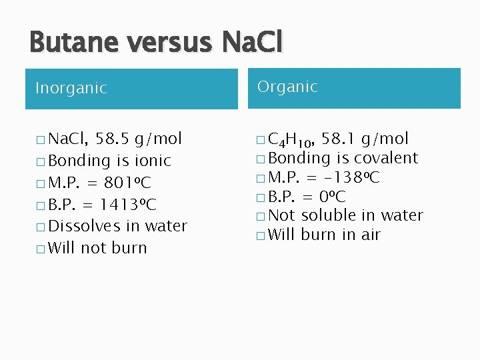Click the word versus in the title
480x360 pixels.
[167, 43]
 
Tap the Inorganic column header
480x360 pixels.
[71, 88]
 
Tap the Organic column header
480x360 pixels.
[287, 87]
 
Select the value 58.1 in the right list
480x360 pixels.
[337, 139]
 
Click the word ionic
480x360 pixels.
[153, 161]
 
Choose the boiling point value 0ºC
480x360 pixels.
[331, 196]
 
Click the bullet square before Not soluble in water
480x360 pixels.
[259, 215]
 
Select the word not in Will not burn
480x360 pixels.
[93, 248]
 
